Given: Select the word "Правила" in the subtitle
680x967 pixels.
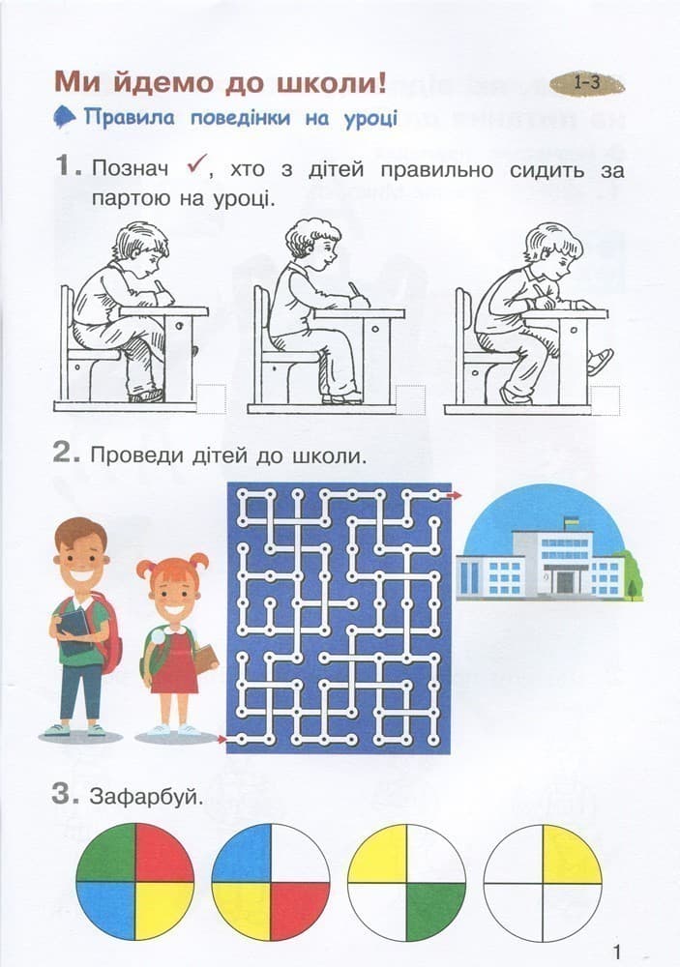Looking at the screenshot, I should [126, 119].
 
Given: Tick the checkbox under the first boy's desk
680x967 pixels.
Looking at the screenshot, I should [212, 397].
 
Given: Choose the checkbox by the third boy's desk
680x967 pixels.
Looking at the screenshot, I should [605, 399].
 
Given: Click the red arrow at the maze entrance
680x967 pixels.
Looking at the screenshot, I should [222, 741].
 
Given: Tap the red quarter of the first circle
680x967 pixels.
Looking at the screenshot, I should [164, 854].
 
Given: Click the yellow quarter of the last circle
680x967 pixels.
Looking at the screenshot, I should [572, 854].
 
